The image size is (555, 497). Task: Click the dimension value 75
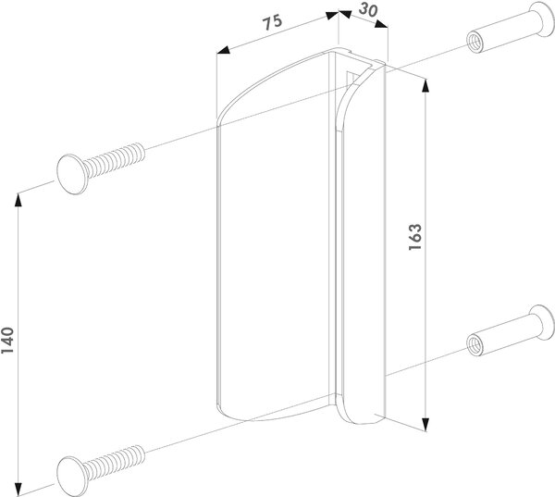[273, 21]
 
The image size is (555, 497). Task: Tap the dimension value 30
[368, 10]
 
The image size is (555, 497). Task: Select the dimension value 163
[414, 237]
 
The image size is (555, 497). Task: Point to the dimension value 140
[7, 341]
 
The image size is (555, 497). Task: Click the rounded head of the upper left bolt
[72, 174]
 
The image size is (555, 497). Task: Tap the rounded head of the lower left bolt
[72, 476]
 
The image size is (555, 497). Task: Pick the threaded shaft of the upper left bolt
[115, 160]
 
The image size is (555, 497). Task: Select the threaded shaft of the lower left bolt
[115, 462]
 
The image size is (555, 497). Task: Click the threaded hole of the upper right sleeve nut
[475, 43]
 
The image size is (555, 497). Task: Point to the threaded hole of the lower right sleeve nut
[475, 344]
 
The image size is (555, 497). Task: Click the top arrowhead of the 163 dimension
[425, 86]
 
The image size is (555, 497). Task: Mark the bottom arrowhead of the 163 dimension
[425, 424]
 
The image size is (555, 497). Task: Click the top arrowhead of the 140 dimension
[18, 200]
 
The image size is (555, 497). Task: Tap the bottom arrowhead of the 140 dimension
[18, 488]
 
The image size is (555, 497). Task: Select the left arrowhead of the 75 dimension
[223, 50]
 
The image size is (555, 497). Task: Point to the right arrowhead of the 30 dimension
[381, 24]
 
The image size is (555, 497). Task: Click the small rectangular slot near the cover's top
[351, 79]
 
